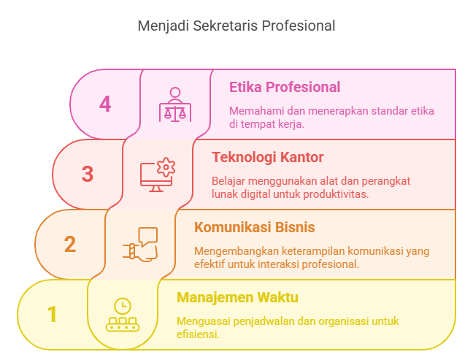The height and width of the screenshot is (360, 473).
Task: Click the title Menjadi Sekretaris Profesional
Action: pyautogui.click(x=236, y=26)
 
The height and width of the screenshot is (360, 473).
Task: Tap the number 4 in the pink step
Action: pyautogui.click(x=105, y=104)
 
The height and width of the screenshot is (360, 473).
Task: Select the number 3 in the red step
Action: pyautogui.click(x=88, y=174)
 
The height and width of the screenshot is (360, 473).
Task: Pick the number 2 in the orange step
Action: pyautogui.click(x=70, y=244)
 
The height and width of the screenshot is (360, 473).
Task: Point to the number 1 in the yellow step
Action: pyautogui.click(x=52, y=314)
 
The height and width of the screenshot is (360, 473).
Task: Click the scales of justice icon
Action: pyautogui.click(x=175, y=104)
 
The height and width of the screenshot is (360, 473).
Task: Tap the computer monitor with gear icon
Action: pyautogui.click(x=158, y=175)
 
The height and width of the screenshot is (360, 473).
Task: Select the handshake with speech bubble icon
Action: pyautogui.click(x=140, y=245)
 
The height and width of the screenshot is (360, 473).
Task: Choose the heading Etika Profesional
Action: pyautogui.click(x=285, y=87)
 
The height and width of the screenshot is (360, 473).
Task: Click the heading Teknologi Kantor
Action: pyautogui.click(x=268, y=157)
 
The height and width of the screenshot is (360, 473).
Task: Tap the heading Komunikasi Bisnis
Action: pyautogui.click(x=254, y=227)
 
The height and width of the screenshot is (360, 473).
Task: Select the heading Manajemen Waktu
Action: pyautogui.click(x=237, y=297)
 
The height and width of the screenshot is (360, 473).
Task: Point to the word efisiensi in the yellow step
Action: pyautogui.click(x=198, y=334)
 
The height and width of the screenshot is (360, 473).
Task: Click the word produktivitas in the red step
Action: pyautogui.click(x=336, y=194)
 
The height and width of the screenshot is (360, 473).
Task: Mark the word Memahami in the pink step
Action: pyautogui.click(x=257, y=111)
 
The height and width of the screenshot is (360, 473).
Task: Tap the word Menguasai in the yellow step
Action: pyautogui.click(x=204, y=321)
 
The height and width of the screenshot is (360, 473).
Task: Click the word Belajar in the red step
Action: pyautogui.click(x=228, y=182)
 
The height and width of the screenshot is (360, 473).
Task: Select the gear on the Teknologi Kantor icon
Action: pyautogui.click(x=166, y=167)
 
